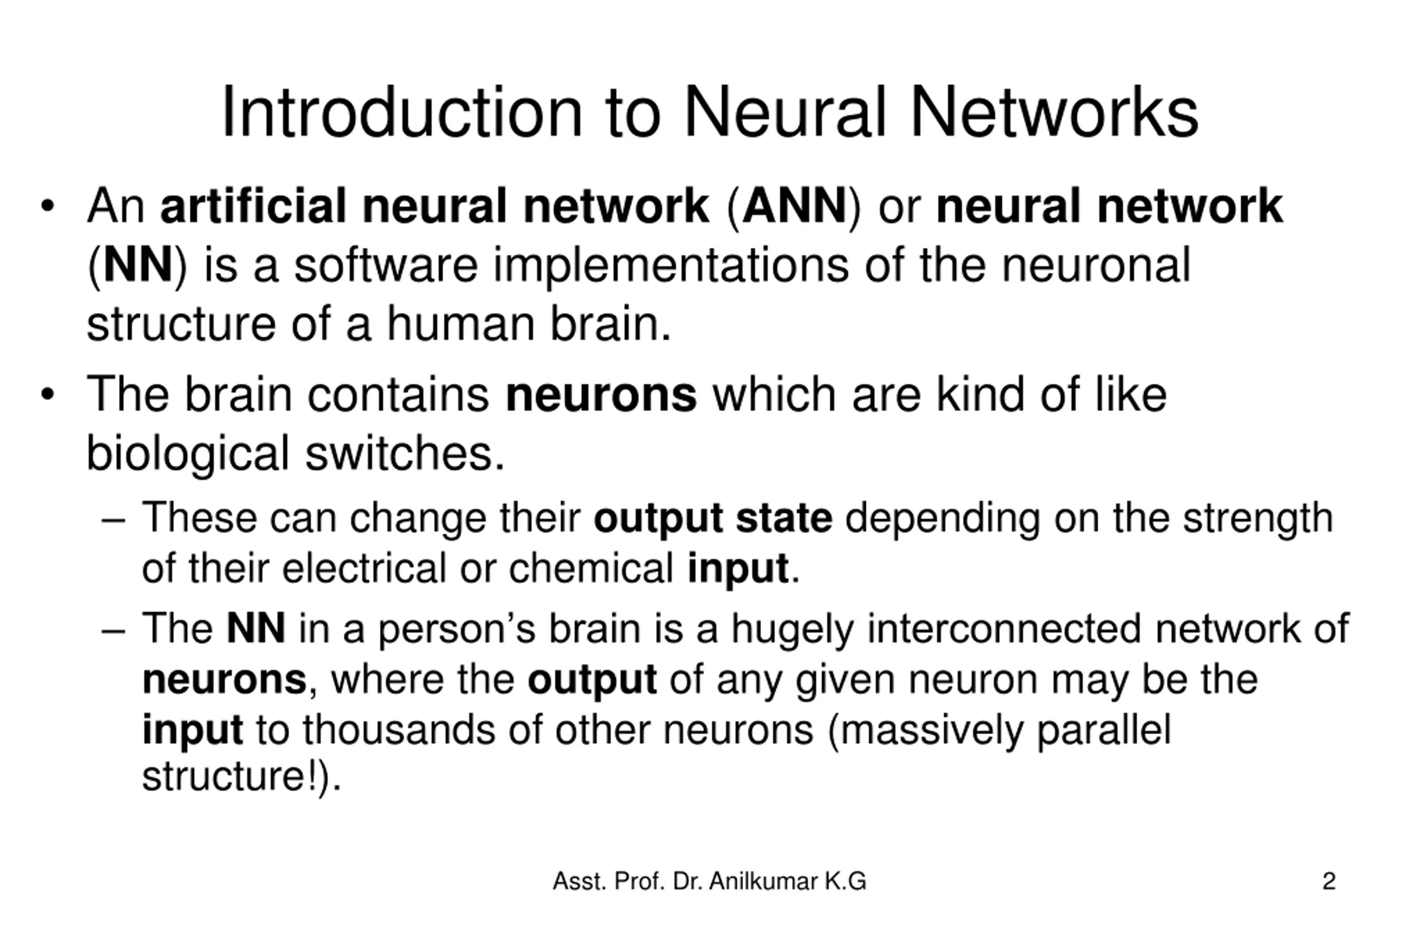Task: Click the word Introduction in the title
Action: click(402, 113)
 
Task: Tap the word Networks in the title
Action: click(1053, 113)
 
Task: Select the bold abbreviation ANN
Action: click(794, 206)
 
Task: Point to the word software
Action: click(386, 266)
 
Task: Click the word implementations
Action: click(671, 266)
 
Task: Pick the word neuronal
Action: click(1096, 266)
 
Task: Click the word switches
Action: click(404, 454)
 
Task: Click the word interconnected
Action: click(1004, 628)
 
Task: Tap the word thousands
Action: click(398, 730)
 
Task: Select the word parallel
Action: click(1104, 730)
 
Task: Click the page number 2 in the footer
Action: click(1329, 882)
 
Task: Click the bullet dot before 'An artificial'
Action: click(48, 206)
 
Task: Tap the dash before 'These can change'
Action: click(114, 519)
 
